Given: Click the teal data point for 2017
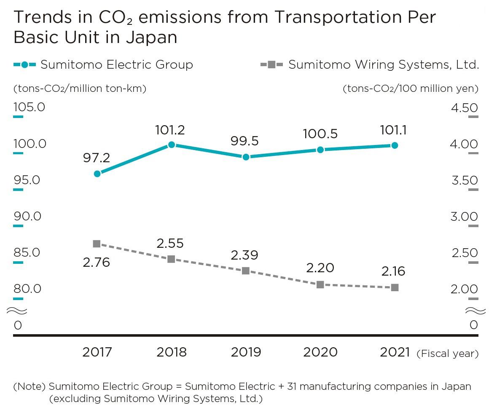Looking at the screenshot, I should click(x=97, y=174).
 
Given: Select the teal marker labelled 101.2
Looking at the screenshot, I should click(x=172, y=145).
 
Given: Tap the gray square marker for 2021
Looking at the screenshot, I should click(x=395, y=287).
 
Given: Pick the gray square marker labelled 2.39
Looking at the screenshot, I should click(x=246, y=271).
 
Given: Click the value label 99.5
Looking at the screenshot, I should click(x=244, y=141).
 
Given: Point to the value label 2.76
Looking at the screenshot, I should click(x=96, y=263).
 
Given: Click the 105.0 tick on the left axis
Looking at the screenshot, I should click(x=29, y=107).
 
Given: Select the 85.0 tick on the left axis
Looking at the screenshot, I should click(x=27, y=252).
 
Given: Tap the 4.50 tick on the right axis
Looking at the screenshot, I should click(x=465, y=108).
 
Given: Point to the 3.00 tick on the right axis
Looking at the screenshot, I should click(x=465, y=217).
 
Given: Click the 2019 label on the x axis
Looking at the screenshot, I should click(x=246, y=352).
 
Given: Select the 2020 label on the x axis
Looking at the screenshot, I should click(x=320, y=352).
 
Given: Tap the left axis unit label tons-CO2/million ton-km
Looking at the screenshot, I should click(x=80, y=89).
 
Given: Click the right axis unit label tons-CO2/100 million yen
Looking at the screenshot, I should click(x=411, y=89).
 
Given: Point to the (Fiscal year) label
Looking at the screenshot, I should click(x=447, y=354).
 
